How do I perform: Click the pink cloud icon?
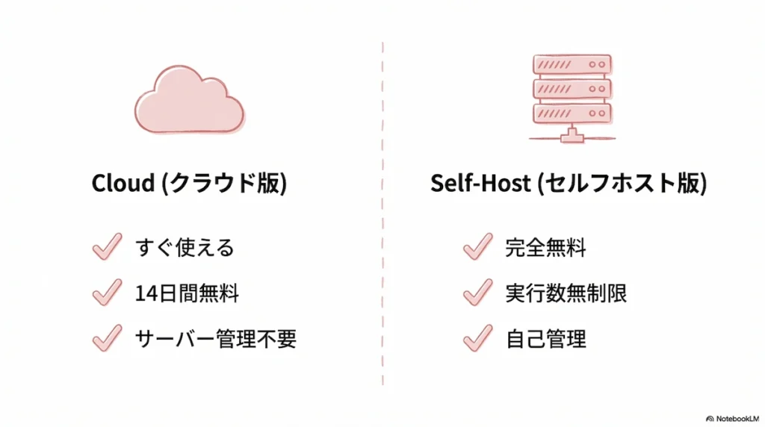pos(189,102)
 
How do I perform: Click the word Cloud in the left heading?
pos(122,184)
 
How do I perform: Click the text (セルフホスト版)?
pos(621,184)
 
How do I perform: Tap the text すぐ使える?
pos(185,247)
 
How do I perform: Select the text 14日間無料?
pos(187,293)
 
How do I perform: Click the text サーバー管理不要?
pos(216,339)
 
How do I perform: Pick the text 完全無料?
pos(545,247)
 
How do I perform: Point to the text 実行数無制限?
pos(566,293)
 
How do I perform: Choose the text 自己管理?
pos(545,339)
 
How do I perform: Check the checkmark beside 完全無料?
pos(477,246)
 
